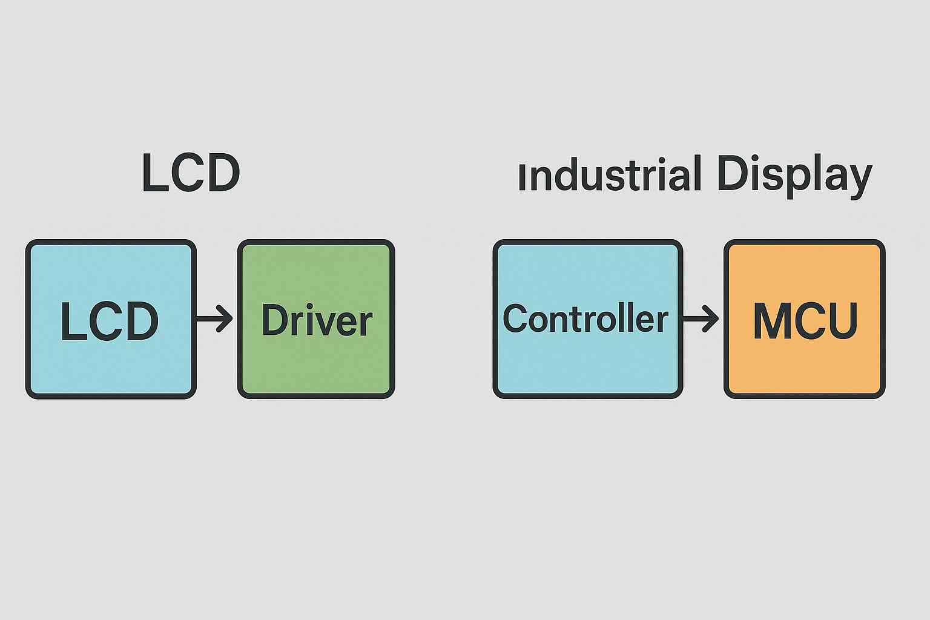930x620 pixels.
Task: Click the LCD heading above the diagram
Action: (191, 174)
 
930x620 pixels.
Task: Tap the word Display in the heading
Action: (794, 175)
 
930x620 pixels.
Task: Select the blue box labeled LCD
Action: (111, 363)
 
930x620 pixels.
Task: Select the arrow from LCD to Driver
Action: (214, 318)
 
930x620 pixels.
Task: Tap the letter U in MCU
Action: (842, 320)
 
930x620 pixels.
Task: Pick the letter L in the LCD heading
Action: (153, 174)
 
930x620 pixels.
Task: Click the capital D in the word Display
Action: (731, 174)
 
